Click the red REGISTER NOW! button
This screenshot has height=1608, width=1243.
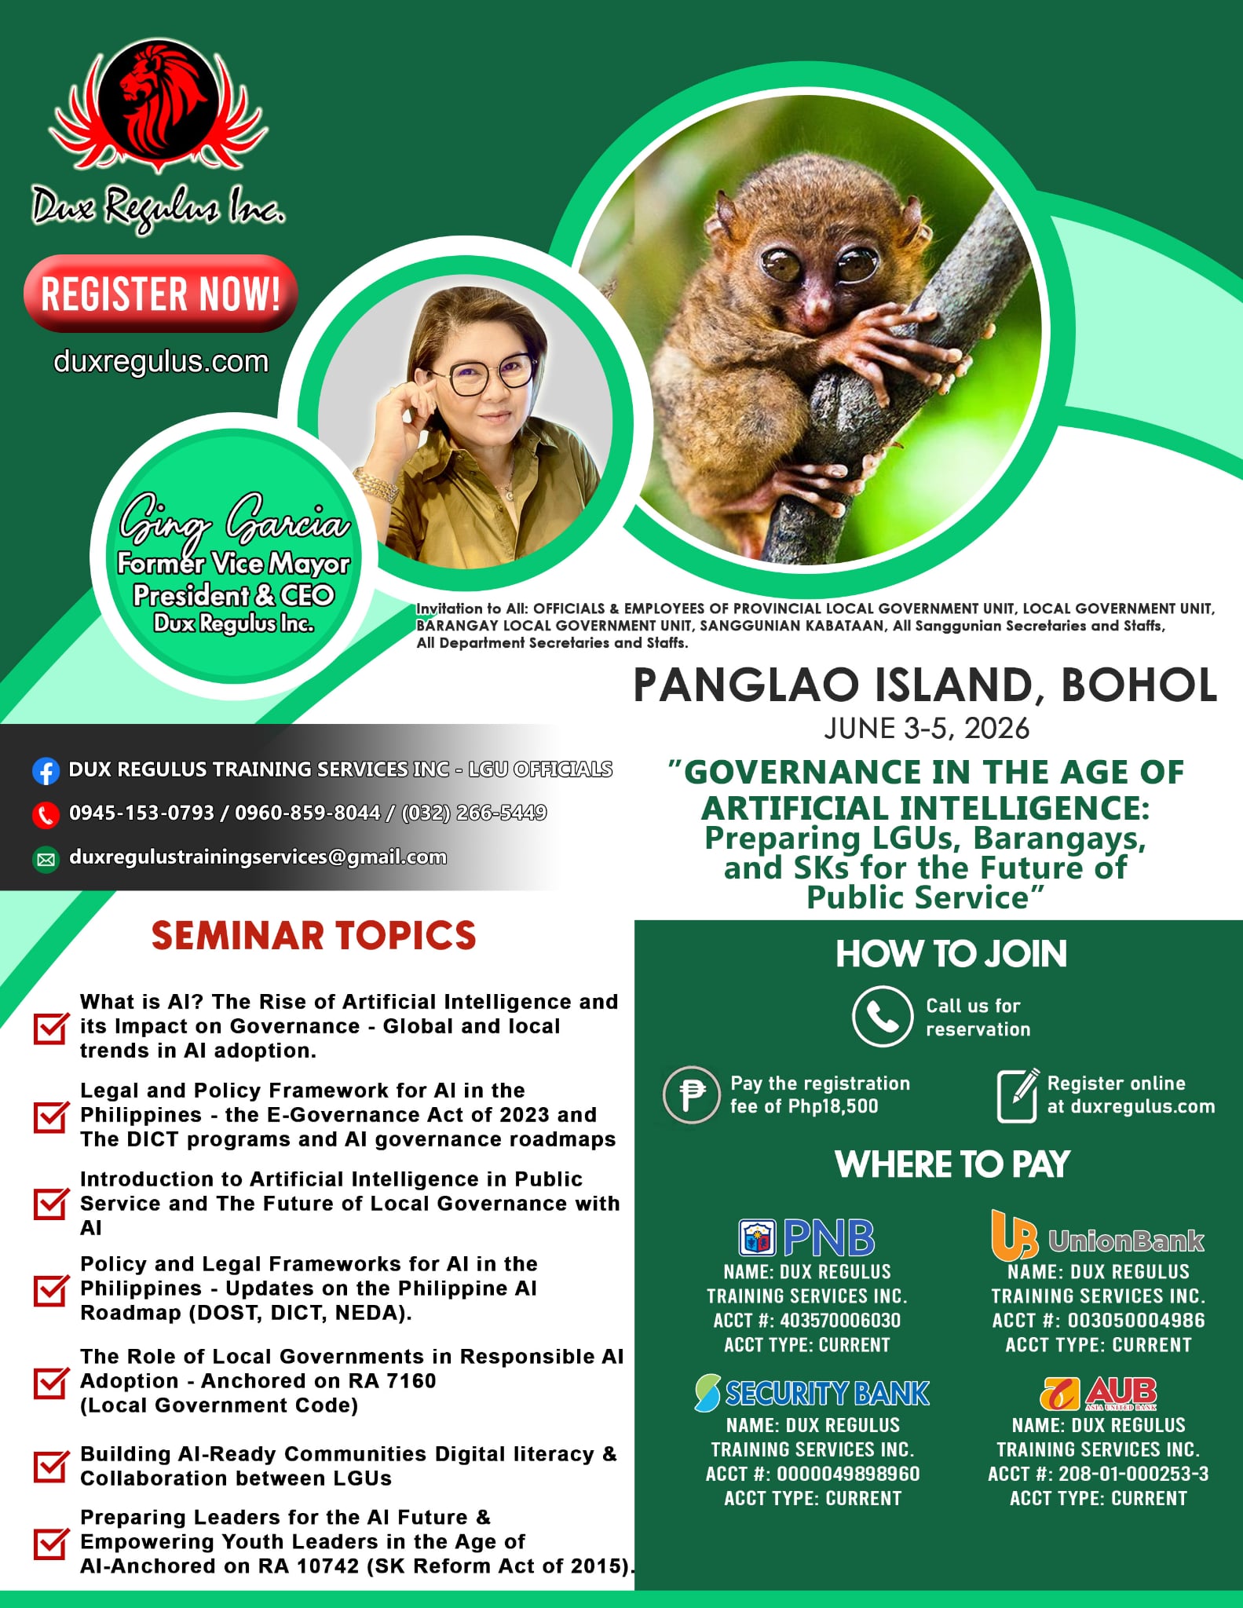point(161,293)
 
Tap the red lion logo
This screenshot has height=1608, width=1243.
point(159,107)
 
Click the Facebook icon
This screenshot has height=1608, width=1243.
point(46,771)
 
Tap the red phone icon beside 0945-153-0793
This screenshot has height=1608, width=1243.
point(46,815)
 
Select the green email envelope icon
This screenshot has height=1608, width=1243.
point(46,860)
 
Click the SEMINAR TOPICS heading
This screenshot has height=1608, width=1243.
point(314,935)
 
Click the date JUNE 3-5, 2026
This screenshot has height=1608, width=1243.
point(927,729)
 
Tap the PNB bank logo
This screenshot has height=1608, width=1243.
point(806,1237)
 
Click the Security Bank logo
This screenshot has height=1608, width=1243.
point(812,1393)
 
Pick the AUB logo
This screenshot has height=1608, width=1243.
point(1098,1393)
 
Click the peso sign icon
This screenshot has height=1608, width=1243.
point(691,1095)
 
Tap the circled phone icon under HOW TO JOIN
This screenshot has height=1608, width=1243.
point(882,1016)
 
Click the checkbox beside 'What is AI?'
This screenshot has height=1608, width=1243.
point(50,1027)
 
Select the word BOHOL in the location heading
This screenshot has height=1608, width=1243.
point(1139,685)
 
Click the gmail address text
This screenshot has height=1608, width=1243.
point(258,857)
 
